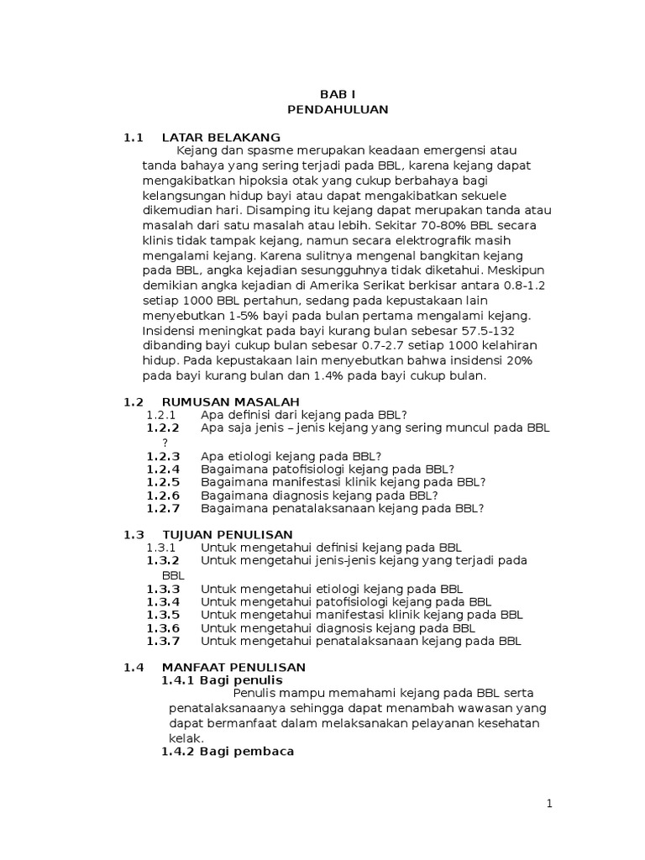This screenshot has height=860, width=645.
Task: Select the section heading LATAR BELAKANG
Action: coord(221,137)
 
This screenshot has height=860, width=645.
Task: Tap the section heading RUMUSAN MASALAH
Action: coord(230,401)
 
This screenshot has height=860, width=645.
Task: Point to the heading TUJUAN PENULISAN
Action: coord(227,534)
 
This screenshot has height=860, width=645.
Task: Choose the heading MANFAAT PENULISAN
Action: coord(233,667)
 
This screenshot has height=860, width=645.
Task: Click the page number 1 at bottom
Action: coord(549,804)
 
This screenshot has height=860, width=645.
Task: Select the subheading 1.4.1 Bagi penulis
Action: coord(222,679)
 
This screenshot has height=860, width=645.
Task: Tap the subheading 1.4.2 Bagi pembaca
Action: coord(227,752)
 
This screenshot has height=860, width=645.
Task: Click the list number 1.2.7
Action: coord(163,508)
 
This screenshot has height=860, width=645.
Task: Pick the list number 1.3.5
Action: coord(163,614)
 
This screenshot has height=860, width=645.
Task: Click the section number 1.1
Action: coord(134,137)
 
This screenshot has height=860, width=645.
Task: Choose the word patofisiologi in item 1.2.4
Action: coord(300,469)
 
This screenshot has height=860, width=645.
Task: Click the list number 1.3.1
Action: coord(160,548)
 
